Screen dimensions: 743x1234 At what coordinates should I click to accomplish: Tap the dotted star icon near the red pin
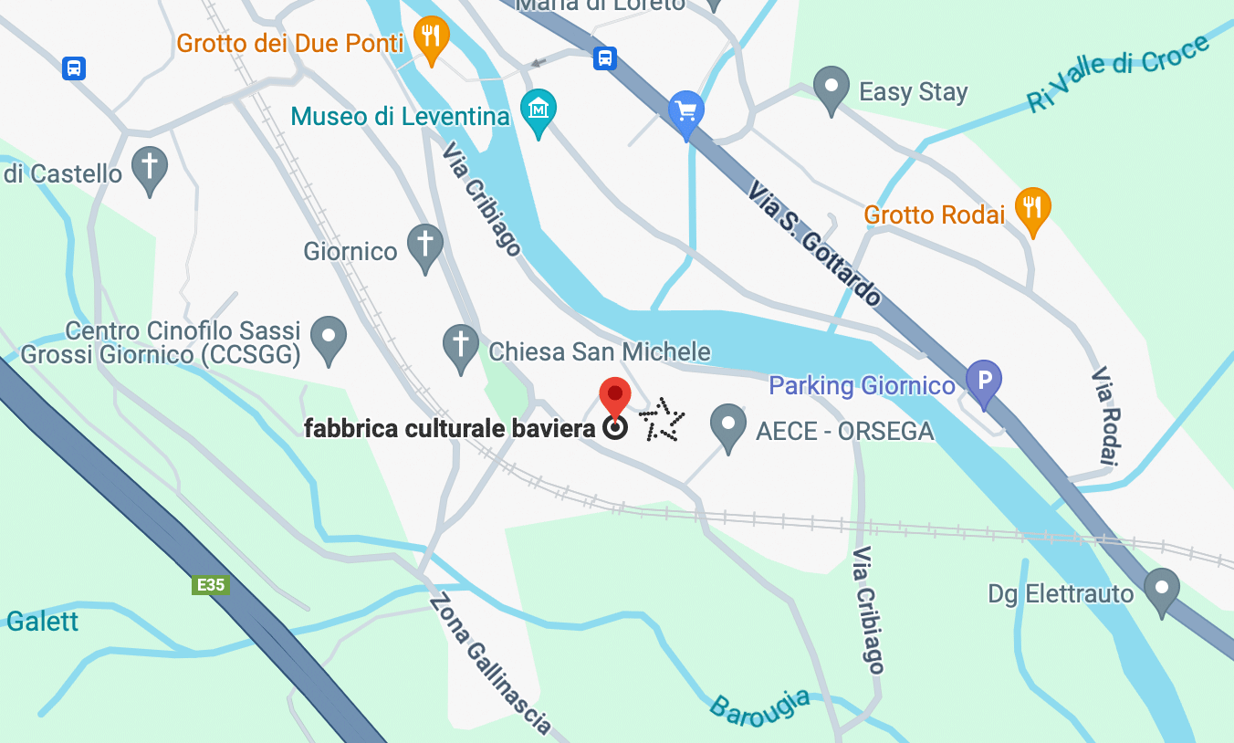coord(661,421)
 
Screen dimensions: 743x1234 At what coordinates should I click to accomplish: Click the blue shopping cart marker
coord(686,112)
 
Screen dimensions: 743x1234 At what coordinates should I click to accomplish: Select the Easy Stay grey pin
coord(831,88)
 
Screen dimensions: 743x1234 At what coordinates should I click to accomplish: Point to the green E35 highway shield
coord(210,584)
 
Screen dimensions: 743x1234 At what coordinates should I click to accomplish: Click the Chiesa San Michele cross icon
coord(461,345)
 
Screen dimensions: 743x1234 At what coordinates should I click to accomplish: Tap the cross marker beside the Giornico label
coord(424,245)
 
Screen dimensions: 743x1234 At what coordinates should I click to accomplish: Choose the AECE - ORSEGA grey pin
coord(727,424)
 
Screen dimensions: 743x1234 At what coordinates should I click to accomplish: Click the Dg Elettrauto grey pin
coord(1161,589)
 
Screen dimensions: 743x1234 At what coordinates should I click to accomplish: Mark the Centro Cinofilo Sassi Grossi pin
coord(329,337)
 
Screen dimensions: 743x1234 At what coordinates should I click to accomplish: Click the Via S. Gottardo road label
coord(815,242)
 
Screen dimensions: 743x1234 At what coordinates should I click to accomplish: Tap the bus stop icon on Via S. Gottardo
coord(604,58)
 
